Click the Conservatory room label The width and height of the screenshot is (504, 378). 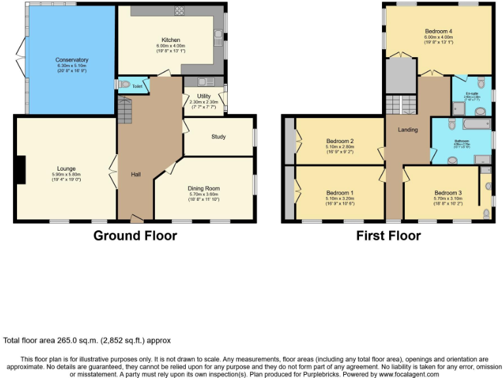[72, 60]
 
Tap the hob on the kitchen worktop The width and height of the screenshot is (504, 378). [178, 10]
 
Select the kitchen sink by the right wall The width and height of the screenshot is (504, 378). [217, 40]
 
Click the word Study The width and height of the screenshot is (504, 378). [219, 136]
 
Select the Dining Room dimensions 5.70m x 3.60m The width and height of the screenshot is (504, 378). [203, 194]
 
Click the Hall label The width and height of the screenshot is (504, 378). [136, 175]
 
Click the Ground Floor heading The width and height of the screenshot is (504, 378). [135, 235]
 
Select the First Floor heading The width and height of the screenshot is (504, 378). [388, 235]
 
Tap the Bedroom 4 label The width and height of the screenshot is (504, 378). [438, 31]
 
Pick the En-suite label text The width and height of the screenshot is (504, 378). [472, 93]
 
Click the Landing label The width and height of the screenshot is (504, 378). [408, 130]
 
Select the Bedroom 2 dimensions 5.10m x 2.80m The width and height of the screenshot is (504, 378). [340, 146]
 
